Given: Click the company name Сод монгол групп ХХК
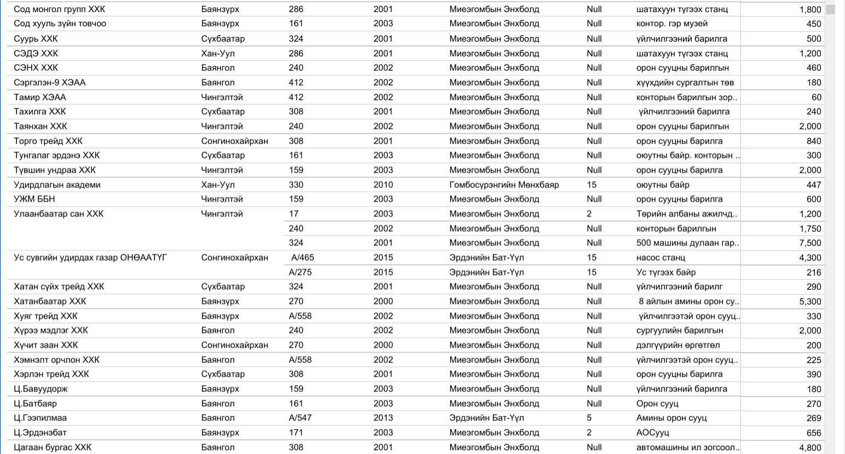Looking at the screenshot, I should tap(59, 9).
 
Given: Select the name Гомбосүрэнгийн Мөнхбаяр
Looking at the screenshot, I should tap(504, 185).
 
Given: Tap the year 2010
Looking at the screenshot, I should tap(383, 185).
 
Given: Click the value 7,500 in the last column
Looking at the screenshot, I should tap(810, 243).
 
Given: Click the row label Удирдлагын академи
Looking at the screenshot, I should tap(57, 185).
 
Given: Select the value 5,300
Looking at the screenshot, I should tap(810, 301).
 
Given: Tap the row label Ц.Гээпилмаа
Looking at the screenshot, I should tap(40, 418).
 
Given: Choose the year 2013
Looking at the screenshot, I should tap(383, 418).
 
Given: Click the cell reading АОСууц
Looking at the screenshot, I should tap(652, 433).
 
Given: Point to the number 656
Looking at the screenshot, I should tap(814, 433).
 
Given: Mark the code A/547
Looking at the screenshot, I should tap(300, 418).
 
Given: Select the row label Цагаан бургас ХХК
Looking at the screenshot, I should tap(53, 447).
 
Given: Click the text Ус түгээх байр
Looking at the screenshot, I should tap(666, 272).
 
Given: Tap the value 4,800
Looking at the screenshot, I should tap(810, 447).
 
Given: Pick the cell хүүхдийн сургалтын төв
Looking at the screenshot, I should tap(685, 83).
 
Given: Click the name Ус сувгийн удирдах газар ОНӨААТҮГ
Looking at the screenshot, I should tap(90, 257).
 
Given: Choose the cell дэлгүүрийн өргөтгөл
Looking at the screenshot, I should tap(678, 345).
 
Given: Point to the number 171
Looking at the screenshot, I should tap(296, 433).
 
